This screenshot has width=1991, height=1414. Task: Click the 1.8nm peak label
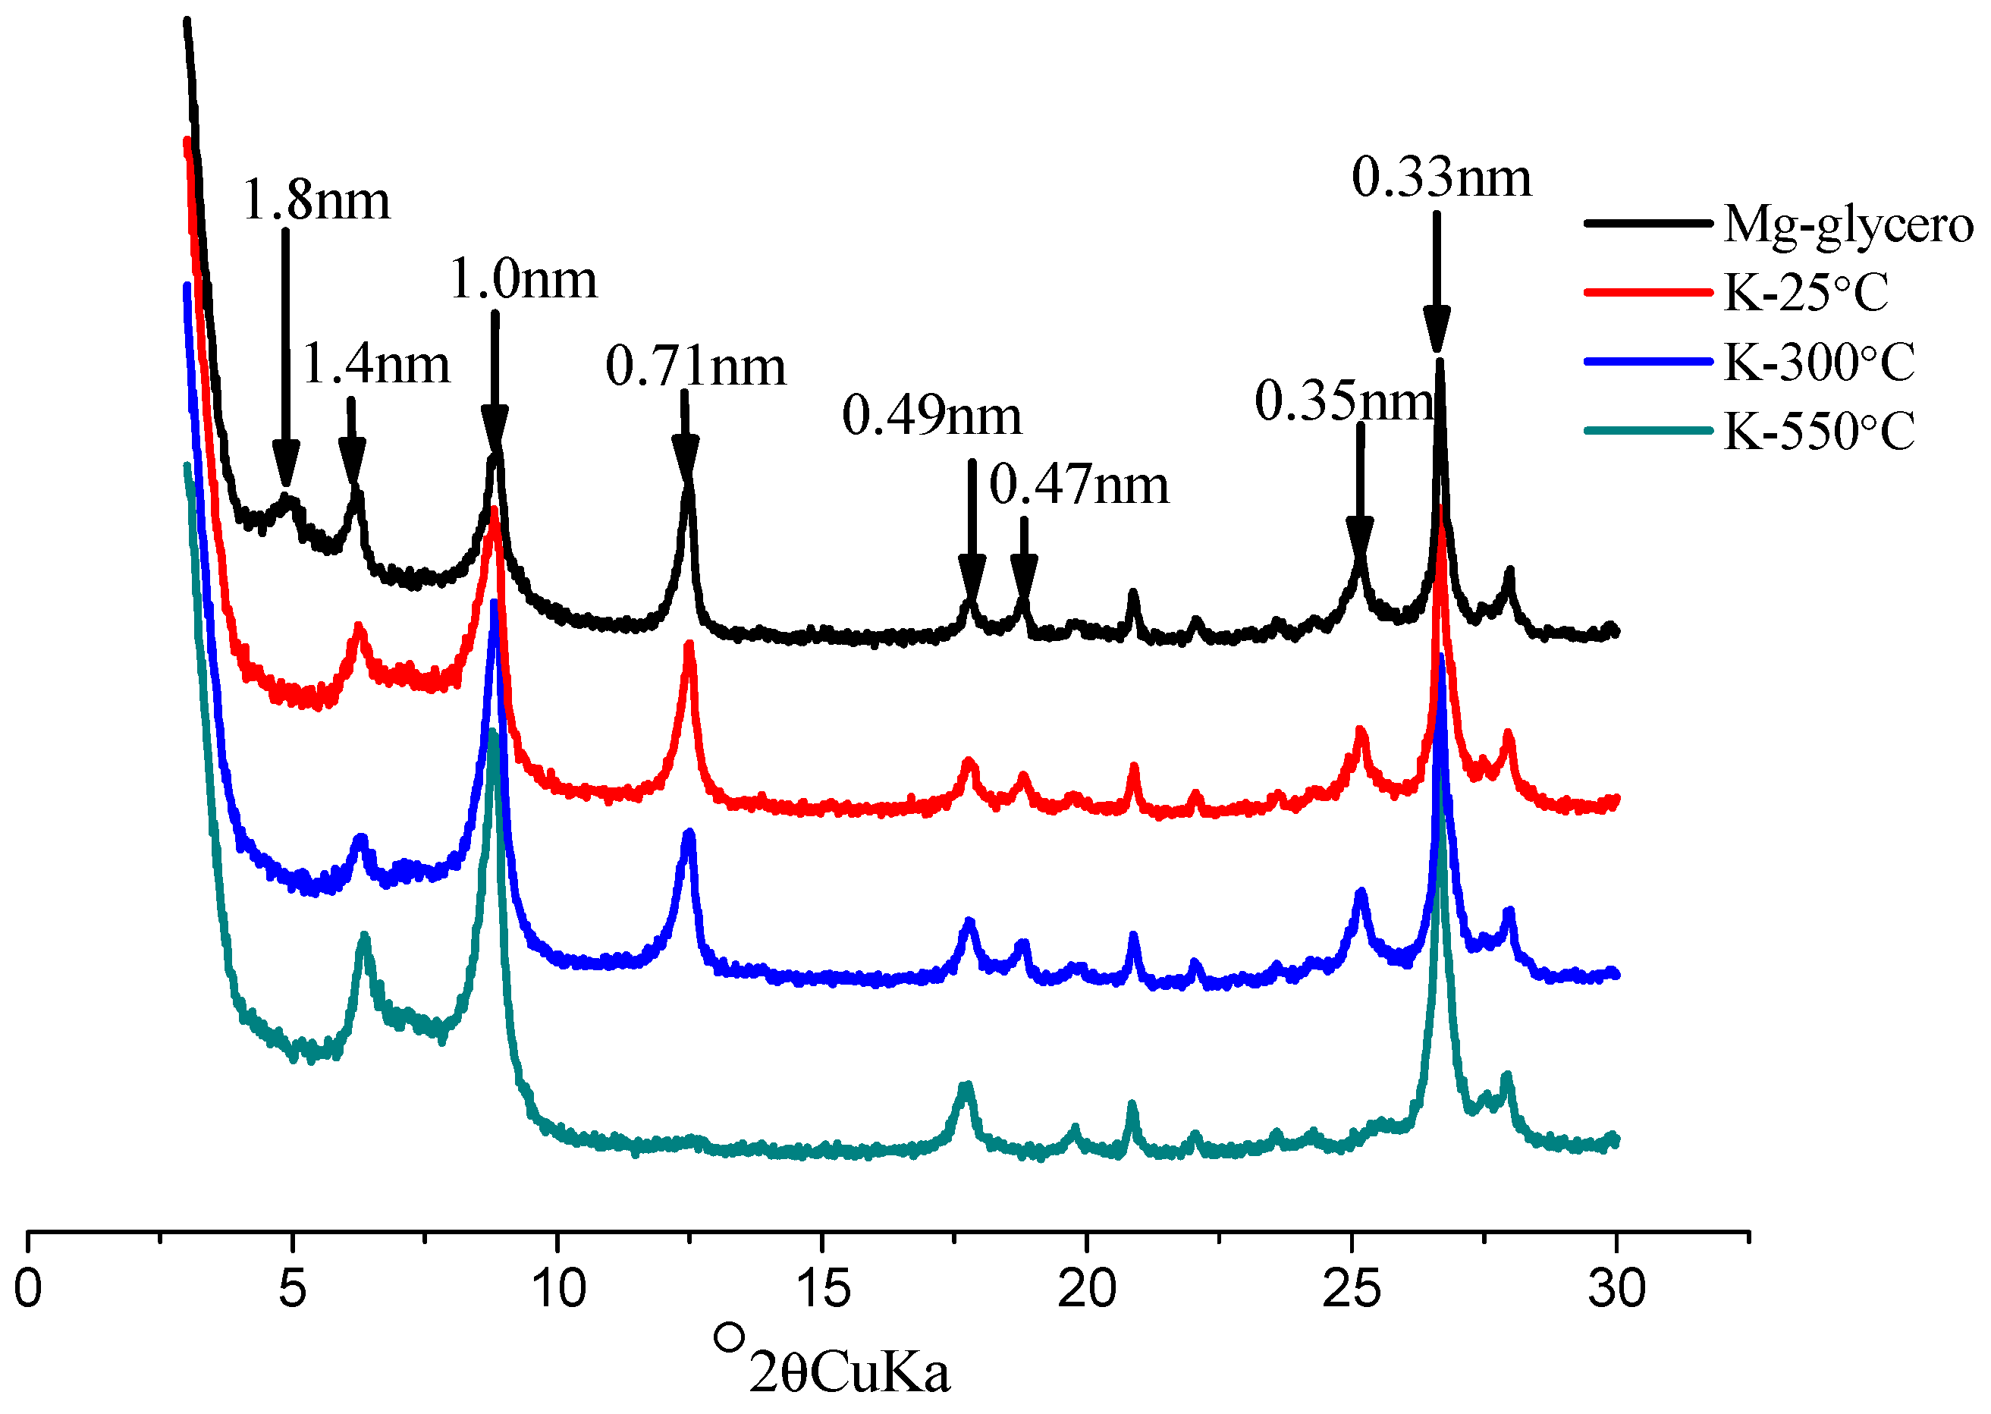tap(316, 200)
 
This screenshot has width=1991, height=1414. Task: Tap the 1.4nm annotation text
tap(375, 364)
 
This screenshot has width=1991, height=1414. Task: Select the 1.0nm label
tap(523, 281)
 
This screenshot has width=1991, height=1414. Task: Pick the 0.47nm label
tap(1079, 485)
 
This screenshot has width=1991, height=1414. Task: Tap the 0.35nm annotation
tap(1343, 401)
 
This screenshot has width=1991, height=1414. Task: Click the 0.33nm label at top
tap(1441, 178)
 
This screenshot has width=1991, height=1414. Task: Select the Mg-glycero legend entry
tap(1848, 225)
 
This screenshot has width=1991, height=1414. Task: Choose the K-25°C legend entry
tap(1806, 293)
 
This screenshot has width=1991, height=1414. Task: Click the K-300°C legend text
tap(1819, 362)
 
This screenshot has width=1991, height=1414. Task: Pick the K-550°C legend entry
tap(1819, 431)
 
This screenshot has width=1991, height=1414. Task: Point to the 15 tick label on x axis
tap(822, 1290)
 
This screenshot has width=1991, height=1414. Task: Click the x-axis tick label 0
tap(28, 1290)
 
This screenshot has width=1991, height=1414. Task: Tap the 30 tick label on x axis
tap(1616, 1290)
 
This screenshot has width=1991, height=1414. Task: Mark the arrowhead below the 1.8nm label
tap(285, 462)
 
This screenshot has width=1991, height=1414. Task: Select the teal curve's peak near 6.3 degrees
tap(364, 937)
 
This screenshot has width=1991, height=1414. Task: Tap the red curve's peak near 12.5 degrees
tap(689, 646)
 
